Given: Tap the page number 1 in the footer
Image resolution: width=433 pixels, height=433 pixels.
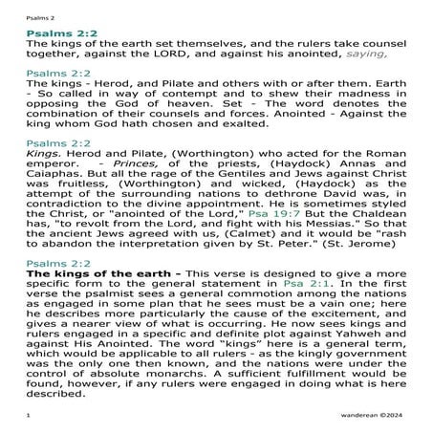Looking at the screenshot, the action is tap(29, 417).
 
